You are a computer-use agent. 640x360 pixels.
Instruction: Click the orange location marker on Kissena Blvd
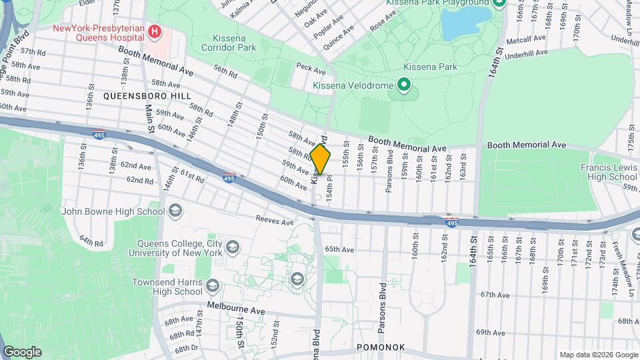321,160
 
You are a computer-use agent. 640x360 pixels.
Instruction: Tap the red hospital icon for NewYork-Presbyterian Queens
155,31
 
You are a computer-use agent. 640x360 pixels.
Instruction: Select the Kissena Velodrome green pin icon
403,85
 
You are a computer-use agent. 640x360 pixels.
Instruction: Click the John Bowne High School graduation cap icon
175,212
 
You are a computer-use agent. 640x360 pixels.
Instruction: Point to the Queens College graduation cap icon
233,248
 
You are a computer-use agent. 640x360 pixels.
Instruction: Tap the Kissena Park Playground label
437,3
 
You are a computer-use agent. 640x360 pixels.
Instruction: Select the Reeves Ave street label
275,221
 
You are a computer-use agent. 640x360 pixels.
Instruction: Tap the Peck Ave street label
310,67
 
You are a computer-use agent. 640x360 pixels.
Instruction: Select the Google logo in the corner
22,352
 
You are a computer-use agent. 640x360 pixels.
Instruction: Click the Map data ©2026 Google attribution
598,355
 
